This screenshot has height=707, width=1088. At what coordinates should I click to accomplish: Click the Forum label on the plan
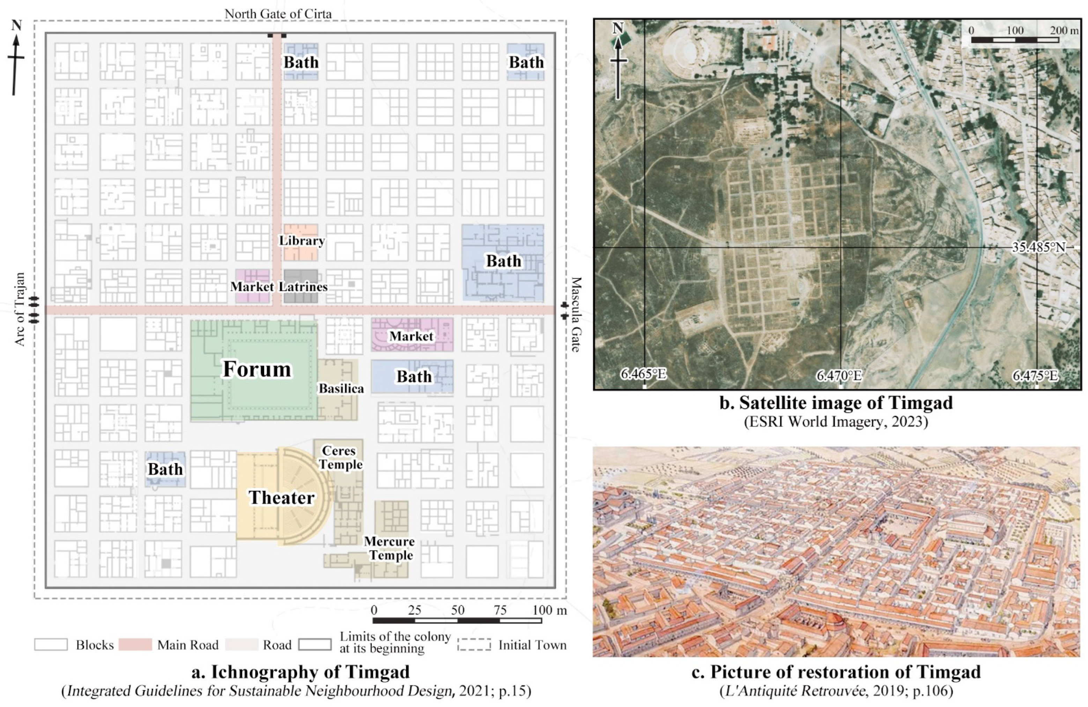click(x=257, y=369)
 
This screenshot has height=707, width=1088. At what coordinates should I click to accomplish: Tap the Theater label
click(x=282, y=497)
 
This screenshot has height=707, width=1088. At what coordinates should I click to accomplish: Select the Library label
click(x=302, y=241)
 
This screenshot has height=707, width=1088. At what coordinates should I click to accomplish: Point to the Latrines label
click(x=304, y=287)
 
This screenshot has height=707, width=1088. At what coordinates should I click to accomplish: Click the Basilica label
click(x=341, y=389)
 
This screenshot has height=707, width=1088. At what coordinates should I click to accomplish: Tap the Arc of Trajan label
click(x=20, y=309)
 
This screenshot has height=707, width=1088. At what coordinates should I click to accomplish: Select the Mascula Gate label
click(x=576, y=314)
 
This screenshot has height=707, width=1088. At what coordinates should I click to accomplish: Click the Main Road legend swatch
click(x=135, y=645)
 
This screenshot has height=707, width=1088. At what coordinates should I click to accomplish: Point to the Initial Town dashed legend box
click(x=474, y=645)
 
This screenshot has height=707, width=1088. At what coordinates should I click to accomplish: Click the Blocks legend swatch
click(x=51, y=645)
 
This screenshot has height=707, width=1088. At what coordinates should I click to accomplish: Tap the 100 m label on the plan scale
click(x=549, y=610)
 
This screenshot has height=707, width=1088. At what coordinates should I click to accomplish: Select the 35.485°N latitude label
click(x=1038, y=247)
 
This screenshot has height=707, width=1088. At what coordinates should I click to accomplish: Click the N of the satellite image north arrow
click(x=618, y=28)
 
